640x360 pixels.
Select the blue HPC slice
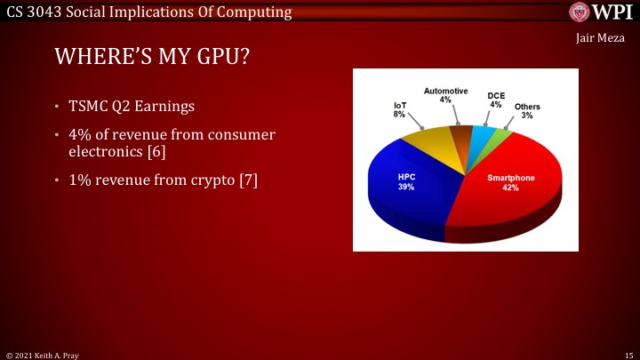click(409, 191)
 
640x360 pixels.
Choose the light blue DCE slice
click(483, 137)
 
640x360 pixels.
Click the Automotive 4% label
click(445, 95)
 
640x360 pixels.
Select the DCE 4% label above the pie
click(496, 100)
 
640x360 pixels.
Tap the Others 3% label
click(527, 111)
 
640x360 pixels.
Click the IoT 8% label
click(400, 110)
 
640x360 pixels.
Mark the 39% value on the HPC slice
click(405, 188)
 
